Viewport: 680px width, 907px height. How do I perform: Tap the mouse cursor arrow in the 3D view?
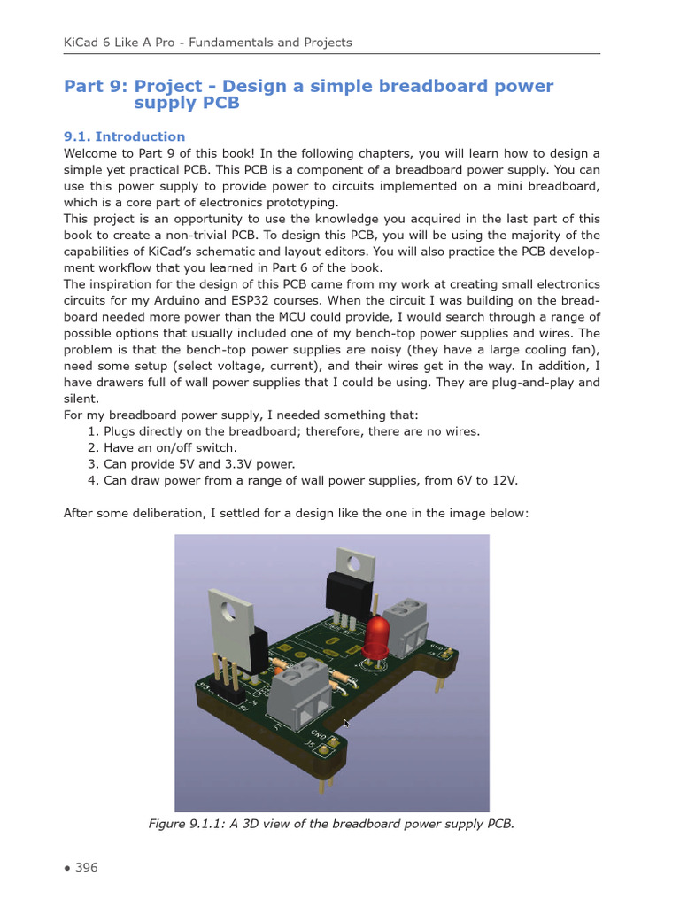point(346,724)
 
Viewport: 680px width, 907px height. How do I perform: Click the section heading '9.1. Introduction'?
point(124,136)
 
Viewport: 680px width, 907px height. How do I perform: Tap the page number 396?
point(86,867)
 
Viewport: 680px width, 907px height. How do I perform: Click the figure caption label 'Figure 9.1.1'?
point(186,824)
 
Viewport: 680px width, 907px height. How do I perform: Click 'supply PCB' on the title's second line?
point(186,103)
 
